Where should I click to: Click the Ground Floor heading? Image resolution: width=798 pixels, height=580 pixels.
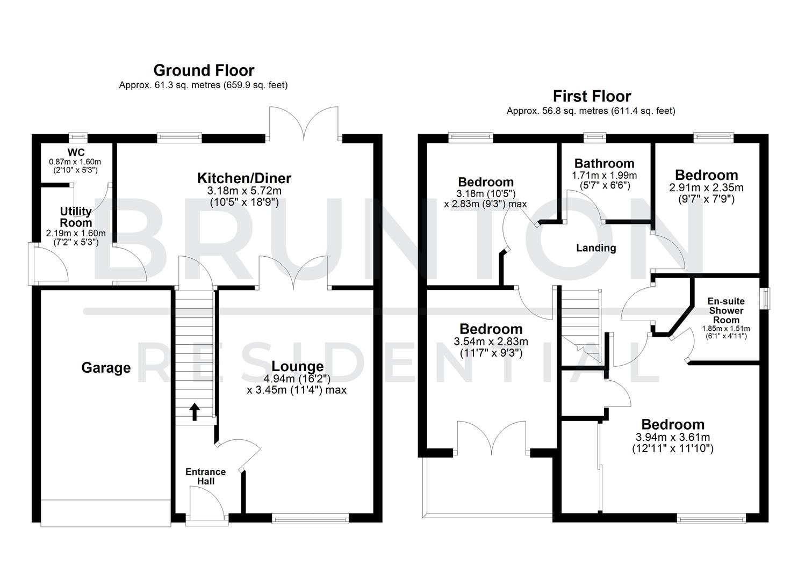tap(204, 70)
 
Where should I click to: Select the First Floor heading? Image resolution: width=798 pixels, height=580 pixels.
tap(592, 96)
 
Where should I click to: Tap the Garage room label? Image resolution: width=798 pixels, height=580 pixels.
tap(106, 368)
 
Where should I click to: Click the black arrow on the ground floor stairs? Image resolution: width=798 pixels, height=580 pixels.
tap(195, 412)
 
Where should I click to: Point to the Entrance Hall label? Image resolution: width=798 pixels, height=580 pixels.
tap(205, 476)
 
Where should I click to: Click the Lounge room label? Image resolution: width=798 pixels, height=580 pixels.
tap(297, 366)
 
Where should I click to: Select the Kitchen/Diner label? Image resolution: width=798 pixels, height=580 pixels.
tap(244, 178)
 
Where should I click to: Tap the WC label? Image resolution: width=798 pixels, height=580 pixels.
tap(76, 153)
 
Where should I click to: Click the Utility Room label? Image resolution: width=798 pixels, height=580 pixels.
tap(76, 216)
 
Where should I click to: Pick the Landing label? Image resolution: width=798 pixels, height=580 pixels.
tap(595, 248)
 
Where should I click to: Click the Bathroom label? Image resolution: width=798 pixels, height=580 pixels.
tap(604, 163)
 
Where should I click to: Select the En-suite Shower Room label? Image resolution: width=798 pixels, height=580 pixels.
tap(725, 310)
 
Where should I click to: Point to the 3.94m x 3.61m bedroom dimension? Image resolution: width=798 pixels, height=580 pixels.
tap(672, 437)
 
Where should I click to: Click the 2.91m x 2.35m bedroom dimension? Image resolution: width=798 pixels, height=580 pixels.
tap(706, 188)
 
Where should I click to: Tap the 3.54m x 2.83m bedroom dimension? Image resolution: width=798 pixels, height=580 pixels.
tap(491, 342)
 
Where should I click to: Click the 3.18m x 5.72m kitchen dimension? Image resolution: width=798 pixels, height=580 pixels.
tap(244, 191)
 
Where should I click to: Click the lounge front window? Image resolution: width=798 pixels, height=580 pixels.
tap(310, 518)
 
